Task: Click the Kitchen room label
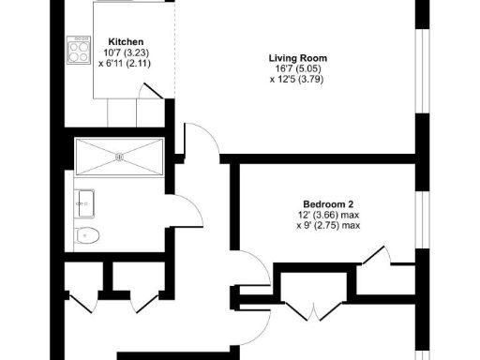[x=125, y=42]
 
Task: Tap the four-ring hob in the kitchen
[x=76, y=48]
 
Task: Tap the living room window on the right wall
[x=423, y=75]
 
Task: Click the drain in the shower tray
[x=119, y=157]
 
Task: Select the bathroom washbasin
[x=83, y=202]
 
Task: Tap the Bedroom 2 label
[x=328, y=204]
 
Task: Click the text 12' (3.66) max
[x=328, y=215]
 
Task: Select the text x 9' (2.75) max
[x=328, y=226]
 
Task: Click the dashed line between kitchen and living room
[x=175, y=56]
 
